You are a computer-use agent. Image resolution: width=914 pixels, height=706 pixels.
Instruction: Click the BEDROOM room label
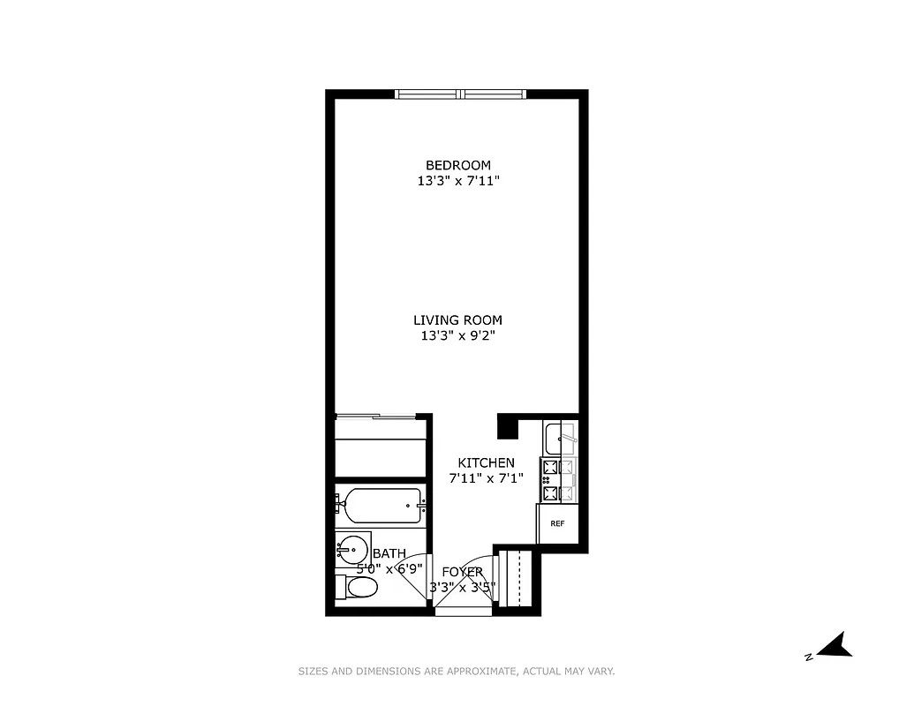[x=457, y=165]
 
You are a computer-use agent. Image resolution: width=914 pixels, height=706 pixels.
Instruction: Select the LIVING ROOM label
[x=457, y=320]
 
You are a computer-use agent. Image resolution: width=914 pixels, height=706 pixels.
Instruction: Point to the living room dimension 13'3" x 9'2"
[x=457, y=335]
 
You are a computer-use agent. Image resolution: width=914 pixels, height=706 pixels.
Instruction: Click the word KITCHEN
[x=486, y=462]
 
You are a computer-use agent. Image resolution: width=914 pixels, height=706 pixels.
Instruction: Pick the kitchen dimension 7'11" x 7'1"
[x=486, y=478]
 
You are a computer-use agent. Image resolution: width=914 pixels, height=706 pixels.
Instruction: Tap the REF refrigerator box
[x=557, y=524]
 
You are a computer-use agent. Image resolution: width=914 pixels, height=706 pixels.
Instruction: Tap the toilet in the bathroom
[x=359, y=587]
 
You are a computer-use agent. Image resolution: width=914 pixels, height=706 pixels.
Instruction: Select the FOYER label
[x=463, y=572]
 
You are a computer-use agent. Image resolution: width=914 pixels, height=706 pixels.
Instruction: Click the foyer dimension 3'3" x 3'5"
[x=463, y=587]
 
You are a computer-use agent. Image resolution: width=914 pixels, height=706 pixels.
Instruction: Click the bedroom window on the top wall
[x=460, y=94]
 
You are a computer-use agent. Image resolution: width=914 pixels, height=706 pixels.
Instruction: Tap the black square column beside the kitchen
[x=508, y=427]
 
